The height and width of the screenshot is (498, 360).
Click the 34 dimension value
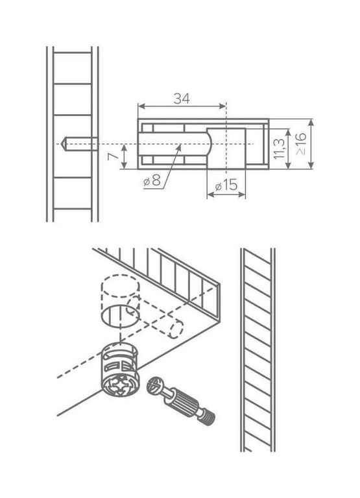pyautogui.click(x=182, y=99)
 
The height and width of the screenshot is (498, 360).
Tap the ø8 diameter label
pyautogui.click(x=152, y=180)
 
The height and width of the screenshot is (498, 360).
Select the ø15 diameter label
pyautogui.click(x=226, y=185)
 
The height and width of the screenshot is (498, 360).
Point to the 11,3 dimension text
pyautogui.click(x=278, y=148)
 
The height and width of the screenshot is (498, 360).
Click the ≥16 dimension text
pyautogui.click(x=301, y=143)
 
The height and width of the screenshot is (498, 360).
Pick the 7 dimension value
pyautogui.click(x=112, y=156)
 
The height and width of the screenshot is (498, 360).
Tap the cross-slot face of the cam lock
pyautogui.click(x=121, y=385)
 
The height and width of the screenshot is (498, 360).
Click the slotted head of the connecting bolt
pyautogui.click(x=156, y=386)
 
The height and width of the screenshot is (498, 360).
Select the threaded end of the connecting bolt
pyautogui.click(x=208, y=417)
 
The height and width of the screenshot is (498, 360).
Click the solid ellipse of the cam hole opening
pyautogui.click(x=121, y=316)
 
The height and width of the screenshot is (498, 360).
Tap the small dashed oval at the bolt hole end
pyautogui.click(x=176, y=329)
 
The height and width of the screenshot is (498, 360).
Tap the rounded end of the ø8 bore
pyautogui.click(x=209, y=144)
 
